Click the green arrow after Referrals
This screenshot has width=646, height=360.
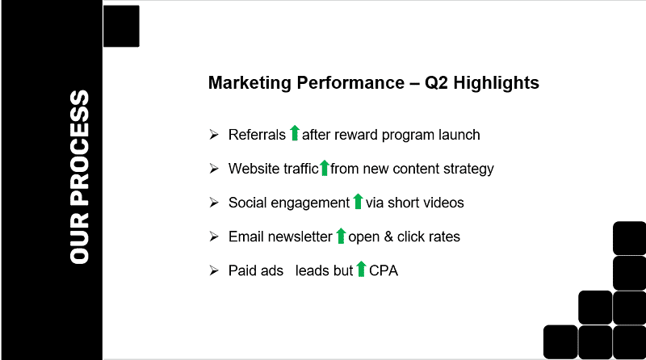295,134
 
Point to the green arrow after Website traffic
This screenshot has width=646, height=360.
325,168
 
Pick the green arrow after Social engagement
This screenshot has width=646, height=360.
358,202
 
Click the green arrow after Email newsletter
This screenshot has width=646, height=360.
341,236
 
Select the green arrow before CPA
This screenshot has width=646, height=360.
362,270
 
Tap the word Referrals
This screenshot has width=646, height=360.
257,135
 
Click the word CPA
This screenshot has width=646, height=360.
384,271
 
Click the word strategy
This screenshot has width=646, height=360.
469,170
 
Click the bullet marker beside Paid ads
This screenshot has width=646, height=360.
214,271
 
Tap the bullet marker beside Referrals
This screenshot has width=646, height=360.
214,135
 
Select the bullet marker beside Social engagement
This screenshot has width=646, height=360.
214,203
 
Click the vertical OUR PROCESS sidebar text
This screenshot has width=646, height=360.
80,177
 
